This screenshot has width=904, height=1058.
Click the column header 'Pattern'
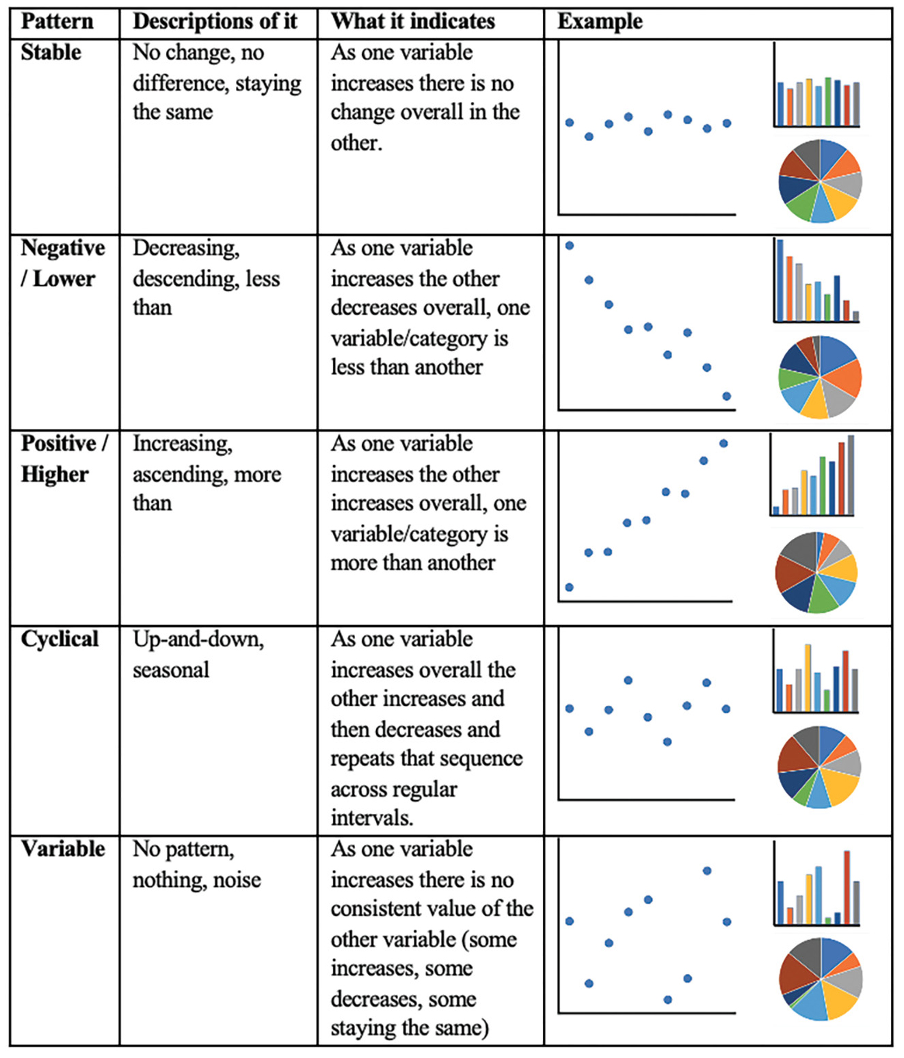click(x=57, y=22)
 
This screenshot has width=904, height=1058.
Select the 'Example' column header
click(x=600, y=22)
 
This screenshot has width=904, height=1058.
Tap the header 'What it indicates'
click(x=412, y=22)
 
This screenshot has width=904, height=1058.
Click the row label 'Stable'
click(x=51, y=53)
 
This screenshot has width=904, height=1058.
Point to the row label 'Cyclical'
click(x=59, y=639)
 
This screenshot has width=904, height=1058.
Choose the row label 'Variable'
click(x=63, y=849)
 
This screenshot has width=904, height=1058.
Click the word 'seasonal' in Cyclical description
click(x=171, y=670)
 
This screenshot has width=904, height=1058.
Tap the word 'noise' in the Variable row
click(x=237, y=880)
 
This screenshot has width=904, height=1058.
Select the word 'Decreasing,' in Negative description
click(x=186, y=248)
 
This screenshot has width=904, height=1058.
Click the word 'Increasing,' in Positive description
click(x=183, y=444)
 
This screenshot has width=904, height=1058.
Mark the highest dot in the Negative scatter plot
click(x=570, y=246)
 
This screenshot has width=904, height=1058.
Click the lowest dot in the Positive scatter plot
click(x=569, y=587)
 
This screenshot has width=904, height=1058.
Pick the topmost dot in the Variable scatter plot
click(x=707, y=871)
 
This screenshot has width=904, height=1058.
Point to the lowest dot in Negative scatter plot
click(x=727, y=396)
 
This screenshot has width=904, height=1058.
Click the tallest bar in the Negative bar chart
click(x=780, y=280)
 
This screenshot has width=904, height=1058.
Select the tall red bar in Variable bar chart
click(x=847, y=888)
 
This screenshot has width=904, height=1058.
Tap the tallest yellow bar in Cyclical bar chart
click(x=808, y=677)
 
